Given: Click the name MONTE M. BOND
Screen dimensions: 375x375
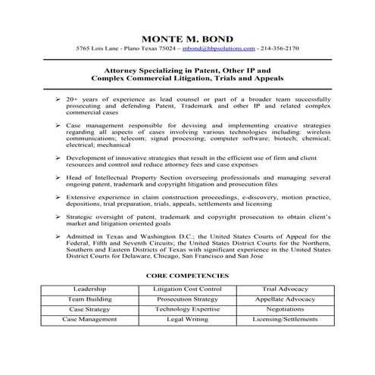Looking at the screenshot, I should click(187, 38).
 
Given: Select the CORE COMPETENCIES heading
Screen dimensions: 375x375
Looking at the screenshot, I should click(187, 277).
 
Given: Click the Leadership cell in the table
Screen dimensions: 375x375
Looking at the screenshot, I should click(89, 289).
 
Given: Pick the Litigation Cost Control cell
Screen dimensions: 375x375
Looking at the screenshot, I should click(187, 289).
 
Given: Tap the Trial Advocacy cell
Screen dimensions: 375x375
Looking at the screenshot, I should click(285, 289).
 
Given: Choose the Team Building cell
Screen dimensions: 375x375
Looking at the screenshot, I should click(89, 300).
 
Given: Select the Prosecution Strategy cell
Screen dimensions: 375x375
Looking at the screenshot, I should click(187, 300).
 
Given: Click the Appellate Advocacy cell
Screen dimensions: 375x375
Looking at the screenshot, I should click(285, 300).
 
